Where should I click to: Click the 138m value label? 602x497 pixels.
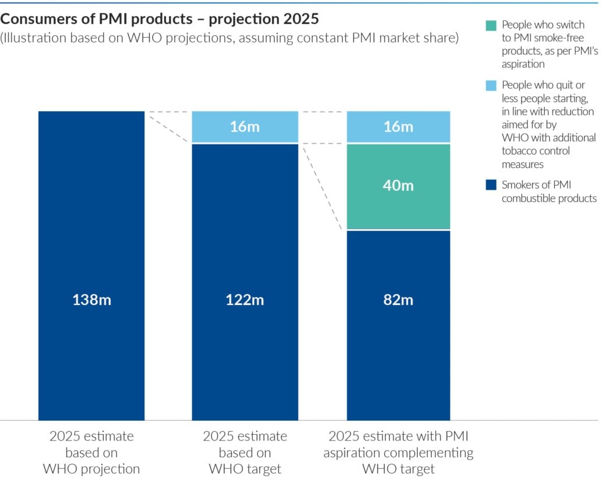pos(91,300)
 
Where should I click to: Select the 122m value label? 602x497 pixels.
pos(245,300)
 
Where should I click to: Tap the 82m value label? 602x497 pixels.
pos(398,300)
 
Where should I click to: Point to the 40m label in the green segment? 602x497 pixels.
pos(398,186)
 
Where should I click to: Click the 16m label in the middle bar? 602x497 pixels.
pos(245,126)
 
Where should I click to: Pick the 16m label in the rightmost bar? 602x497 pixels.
pos(398,126)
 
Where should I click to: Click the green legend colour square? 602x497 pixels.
pos(491,26)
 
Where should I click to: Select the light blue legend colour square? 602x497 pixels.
pos(491,86)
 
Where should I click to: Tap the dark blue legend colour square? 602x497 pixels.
pos(491,185)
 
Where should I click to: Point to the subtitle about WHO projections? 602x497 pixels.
pos(229,38)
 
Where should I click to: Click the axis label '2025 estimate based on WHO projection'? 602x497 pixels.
pos(91,452)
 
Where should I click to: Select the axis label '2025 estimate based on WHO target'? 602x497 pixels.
pos(245,452)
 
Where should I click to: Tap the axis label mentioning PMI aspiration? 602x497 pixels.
pos(398,452)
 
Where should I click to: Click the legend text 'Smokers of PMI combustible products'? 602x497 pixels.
pos(548,191)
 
